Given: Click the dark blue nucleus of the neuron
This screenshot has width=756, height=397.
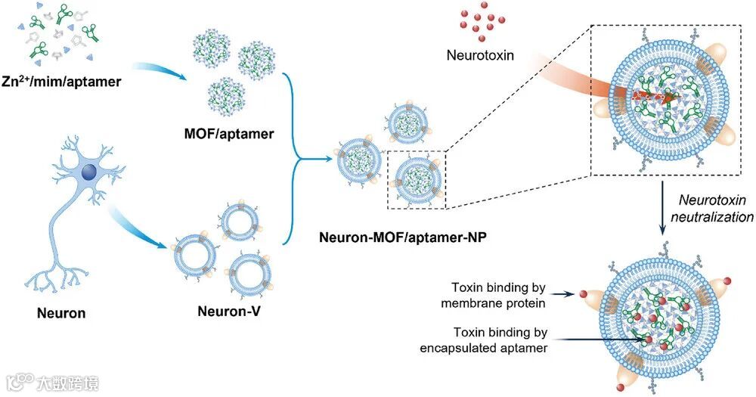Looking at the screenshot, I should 89,175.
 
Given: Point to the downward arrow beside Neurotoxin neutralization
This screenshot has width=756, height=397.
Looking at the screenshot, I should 663,209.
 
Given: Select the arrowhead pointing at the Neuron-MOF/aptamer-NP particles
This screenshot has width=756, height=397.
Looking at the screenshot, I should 327,159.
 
